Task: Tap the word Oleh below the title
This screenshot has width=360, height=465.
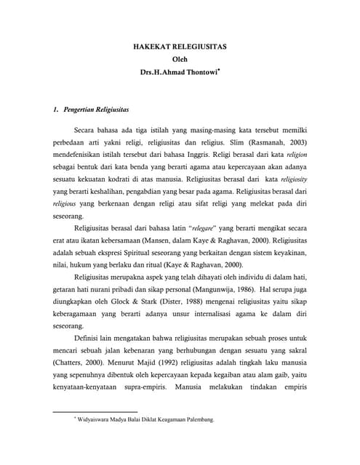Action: [180, 59]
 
